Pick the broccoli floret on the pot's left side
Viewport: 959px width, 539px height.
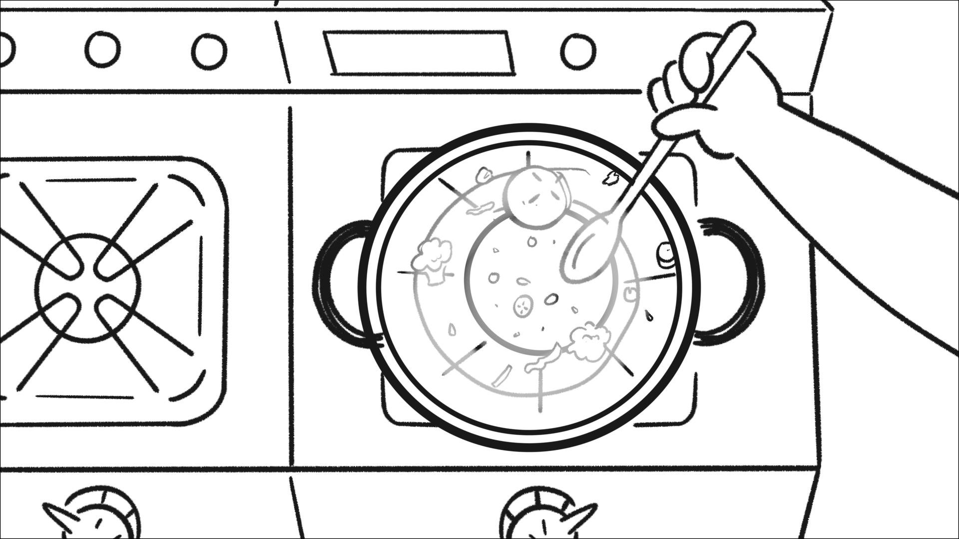433,260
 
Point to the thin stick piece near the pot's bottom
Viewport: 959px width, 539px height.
502,375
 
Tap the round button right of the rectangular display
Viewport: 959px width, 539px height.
577,51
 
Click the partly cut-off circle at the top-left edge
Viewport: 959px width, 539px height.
5,50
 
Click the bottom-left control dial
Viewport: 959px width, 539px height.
100,517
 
